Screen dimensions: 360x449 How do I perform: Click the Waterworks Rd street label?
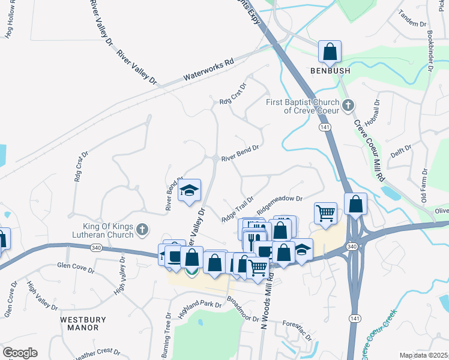pyautogui.click(x=208, y=69)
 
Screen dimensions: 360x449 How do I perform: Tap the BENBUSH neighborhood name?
pyautogui.click(x=330, y=71)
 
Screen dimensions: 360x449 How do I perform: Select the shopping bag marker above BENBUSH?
pyautogui.click(x=330, y=52)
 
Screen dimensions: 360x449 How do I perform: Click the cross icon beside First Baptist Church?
pyautogui.click(x=349, y=106)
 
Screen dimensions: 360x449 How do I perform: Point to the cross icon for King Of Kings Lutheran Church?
pyautogui.click(x=142, y=229)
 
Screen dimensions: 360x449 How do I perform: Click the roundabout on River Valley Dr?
pyautogui.click(x=215, y=158)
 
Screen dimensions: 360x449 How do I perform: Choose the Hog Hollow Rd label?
pyautogui.click(x=9, y=25)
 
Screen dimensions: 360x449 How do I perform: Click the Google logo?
pyautogui.click(x=20, y=352)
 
